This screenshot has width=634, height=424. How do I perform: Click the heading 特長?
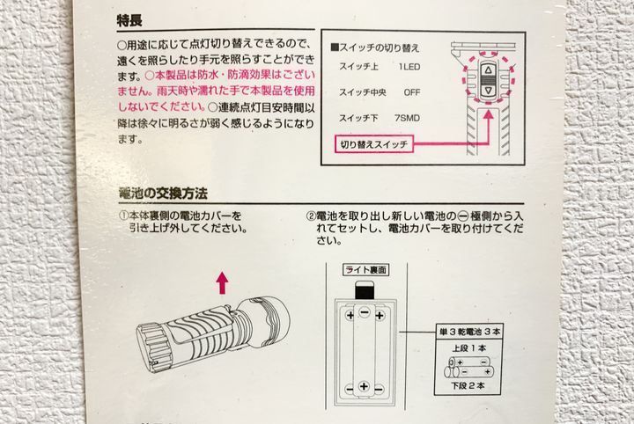coord(129,20)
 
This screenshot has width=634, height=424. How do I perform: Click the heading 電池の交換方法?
coord(163,194)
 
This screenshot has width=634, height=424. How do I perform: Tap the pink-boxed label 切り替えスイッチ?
coord(373,144)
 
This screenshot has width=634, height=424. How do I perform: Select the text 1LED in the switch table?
coord(409,67)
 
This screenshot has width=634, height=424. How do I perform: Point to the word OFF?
coord(412,92)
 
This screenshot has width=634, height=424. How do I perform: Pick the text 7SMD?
coord(407,119)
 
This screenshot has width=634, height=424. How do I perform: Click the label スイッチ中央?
coord(362,92)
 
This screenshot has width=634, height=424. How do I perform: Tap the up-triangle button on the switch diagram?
coord(488,69)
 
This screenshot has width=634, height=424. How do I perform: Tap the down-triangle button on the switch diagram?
coord(488,91)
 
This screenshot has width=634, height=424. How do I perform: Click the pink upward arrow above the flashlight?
coord(222,282)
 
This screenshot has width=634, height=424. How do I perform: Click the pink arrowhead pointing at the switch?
coord(489,114)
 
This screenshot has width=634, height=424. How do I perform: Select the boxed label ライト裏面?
coord(366,270)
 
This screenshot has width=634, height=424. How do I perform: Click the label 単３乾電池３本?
coord(469,332)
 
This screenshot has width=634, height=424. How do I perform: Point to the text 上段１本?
coord(469,347)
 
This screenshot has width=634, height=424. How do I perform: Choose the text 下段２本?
coord(468,385)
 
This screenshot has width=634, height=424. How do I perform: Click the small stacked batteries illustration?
coord(469,367)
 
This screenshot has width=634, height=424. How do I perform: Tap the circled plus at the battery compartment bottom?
coord(364,386)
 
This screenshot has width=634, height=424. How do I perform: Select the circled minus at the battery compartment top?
coord(365,311)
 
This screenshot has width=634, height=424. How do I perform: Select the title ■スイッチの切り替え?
coord(375,48)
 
